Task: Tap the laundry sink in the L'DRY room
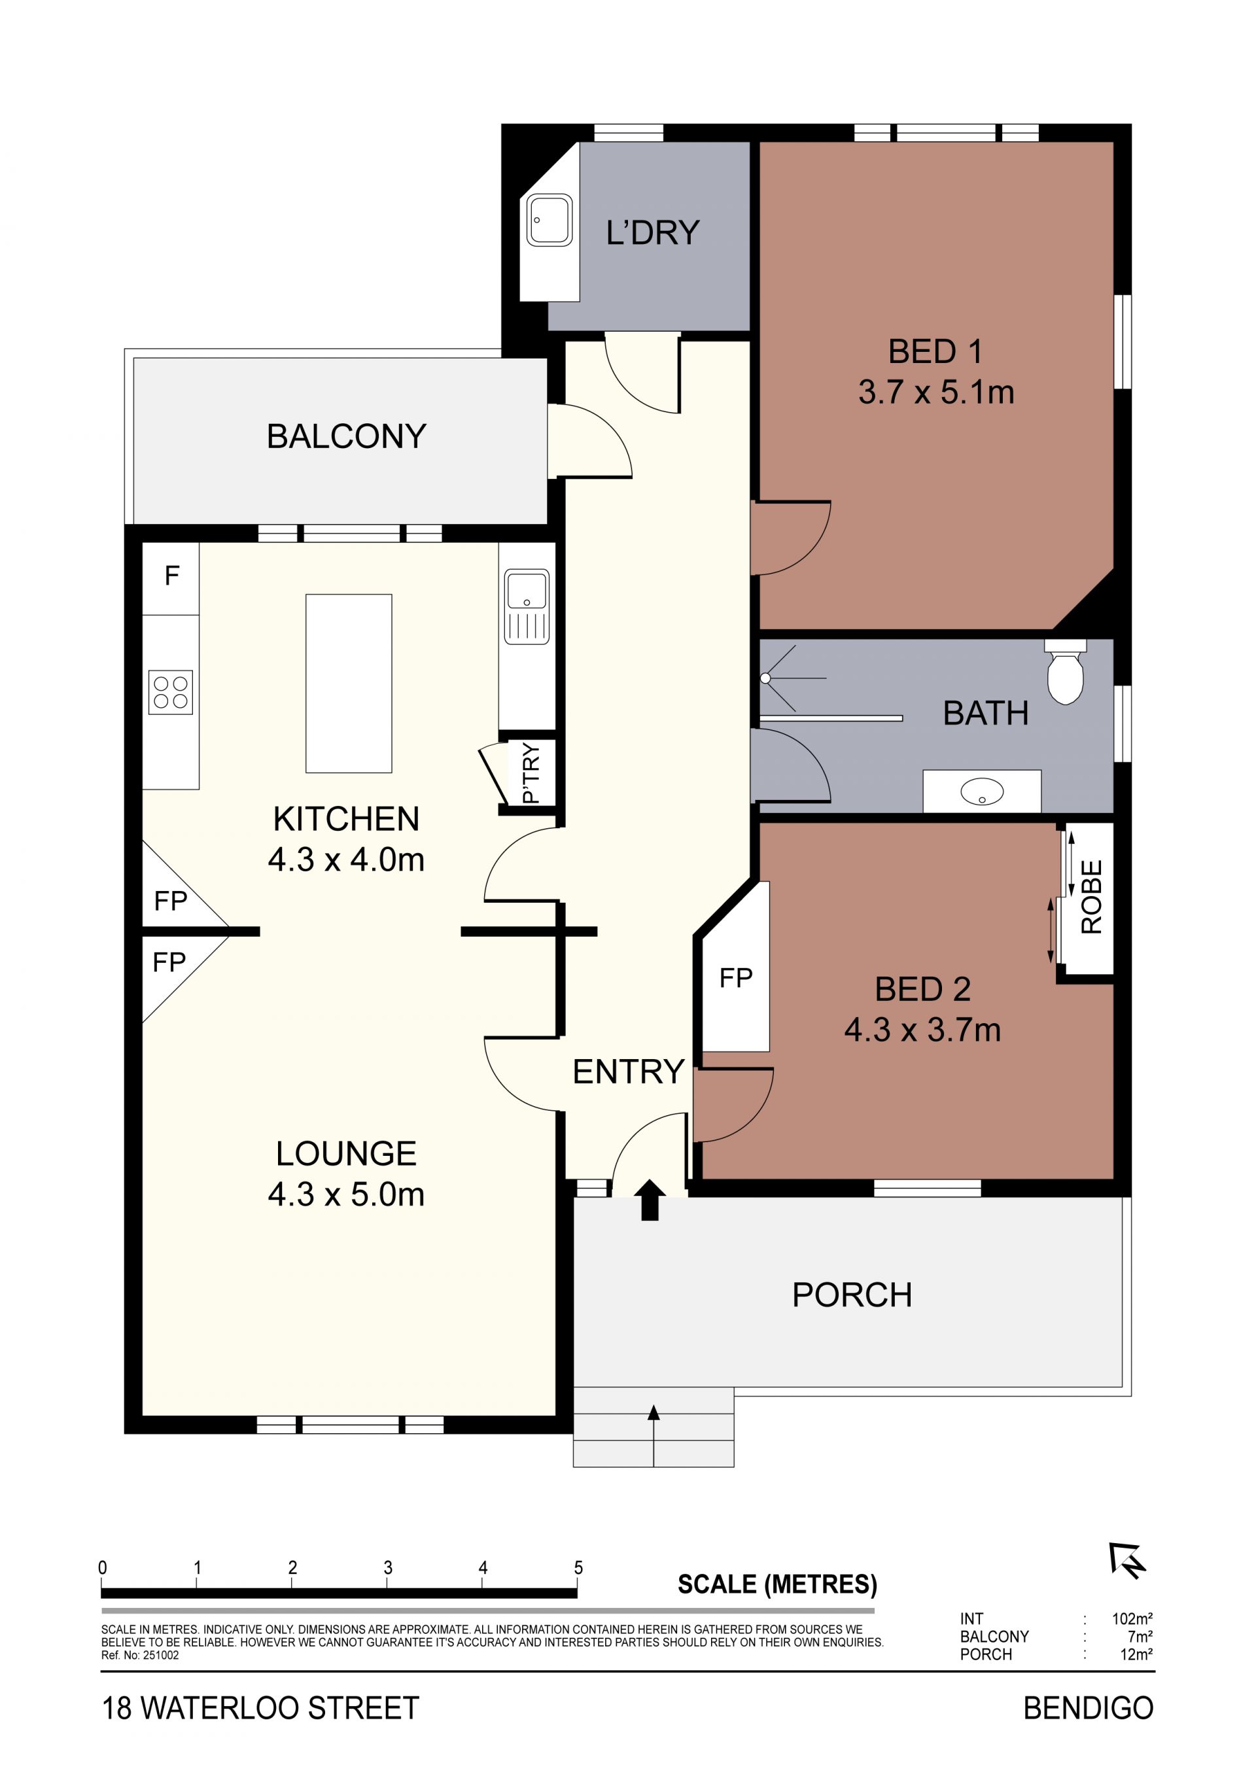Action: click(549, 220)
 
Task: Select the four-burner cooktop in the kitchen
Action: click(171, 691)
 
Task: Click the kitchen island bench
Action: click(349, 683)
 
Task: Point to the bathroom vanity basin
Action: click(981, 792)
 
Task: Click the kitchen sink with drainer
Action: click(527, 607)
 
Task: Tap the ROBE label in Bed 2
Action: click(1091, 897)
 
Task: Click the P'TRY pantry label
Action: click(531, 773)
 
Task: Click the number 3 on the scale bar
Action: click(387, 1567)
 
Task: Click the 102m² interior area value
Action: click(1132, 1618)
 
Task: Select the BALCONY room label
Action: click(347, 436)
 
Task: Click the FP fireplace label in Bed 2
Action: click(735, 978)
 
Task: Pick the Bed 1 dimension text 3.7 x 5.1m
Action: click(936, 392)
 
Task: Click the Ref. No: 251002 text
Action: click(140, 1656)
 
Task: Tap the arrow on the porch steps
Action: click(654, 1436)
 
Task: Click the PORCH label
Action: click(852, 1295)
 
